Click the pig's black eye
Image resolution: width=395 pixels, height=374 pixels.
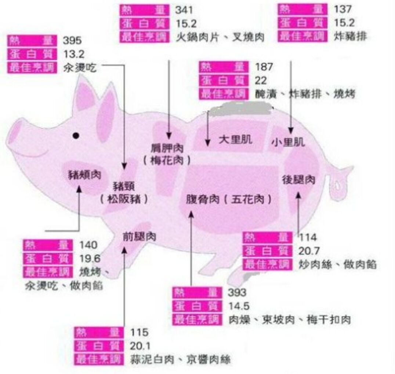[76, 136]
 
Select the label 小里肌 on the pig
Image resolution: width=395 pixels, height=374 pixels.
[289, 142]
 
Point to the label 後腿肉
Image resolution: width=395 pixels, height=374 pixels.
[298, 179]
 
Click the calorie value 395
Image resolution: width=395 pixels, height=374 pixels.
[72, 40]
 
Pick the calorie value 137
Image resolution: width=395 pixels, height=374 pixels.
[343, 9]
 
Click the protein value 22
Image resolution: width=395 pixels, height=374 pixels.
[261, 80]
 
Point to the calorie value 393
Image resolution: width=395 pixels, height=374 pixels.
[237, 292]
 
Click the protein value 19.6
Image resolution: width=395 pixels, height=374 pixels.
[90, 258]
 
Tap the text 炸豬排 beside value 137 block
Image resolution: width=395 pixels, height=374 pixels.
[351, 37]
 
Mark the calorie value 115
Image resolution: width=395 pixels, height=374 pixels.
[139, 333]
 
